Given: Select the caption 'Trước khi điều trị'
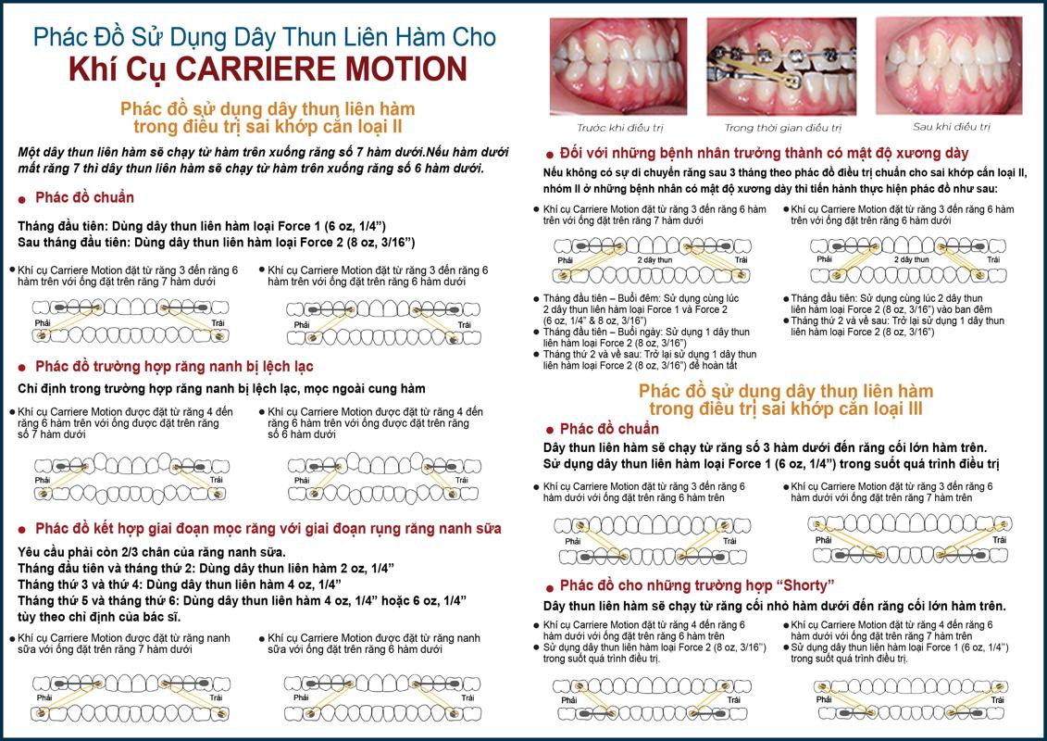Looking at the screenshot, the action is pos(619,128).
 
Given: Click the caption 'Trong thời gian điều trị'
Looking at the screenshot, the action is pos(782,128).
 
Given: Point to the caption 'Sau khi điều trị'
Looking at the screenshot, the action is pos(952,127).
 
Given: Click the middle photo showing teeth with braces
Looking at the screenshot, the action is pos(781,67).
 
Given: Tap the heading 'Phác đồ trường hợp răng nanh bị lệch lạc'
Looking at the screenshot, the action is pos(174,367).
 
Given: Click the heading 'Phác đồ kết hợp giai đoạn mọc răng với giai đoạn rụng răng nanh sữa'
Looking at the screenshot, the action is pos(268,529).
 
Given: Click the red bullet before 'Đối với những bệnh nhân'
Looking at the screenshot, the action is pos(550,156).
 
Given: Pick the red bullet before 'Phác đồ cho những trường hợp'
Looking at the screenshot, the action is pos(550,588).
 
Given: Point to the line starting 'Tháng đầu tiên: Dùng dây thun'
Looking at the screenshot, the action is pos(202,227).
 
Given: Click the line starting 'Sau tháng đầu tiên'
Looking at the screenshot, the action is pos(217,243).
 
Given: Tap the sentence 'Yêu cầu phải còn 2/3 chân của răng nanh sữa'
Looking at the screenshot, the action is pos(152,553).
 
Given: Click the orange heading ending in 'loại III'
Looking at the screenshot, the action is pos(786,399).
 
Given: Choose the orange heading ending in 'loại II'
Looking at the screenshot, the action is pos(268,118).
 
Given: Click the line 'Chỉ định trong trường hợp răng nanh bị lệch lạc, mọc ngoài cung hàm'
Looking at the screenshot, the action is pos(221,389).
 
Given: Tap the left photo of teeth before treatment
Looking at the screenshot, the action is pos(618,67).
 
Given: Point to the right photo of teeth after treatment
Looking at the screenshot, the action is pos(949,66).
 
